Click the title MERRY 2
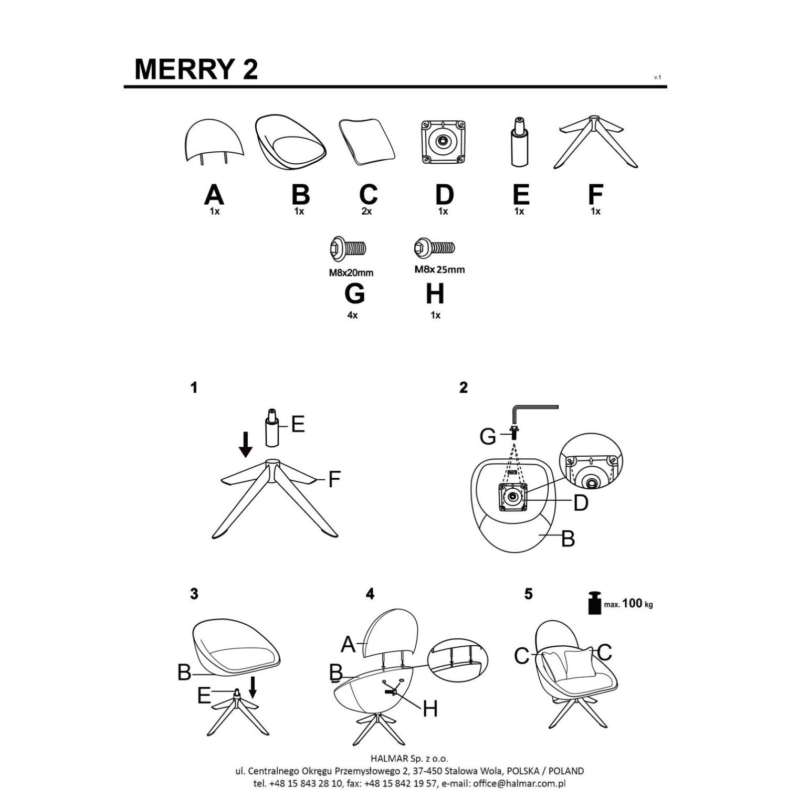tap(196, 69)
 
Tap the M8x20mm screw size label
tap(351, 272)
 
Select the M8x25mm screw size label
tap(439, 270)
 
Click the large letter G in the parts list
tap(354, 293)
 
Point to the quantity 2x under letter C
tap(366, 212)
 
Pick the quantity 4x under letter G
tap(352, 316)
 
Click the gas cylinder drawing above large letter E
tap(519, 142)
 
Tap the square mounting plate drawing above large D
tap(444, 142)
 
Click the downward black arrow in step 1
tap(245, 444)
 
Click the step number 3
tap(194, 594)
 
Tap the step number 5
tap(528, 594)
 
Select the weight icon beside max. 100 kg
tap(594, 603)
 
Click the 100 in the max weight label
tap(632, 603)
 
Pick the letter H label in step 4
tap(430, 709)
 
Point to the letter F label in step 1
tap(334, 479)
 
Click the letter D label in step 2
tap(580, 503)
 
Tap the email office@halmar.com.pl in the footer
tap(519, 783)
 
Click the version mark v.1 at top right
tap(657, 78)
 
